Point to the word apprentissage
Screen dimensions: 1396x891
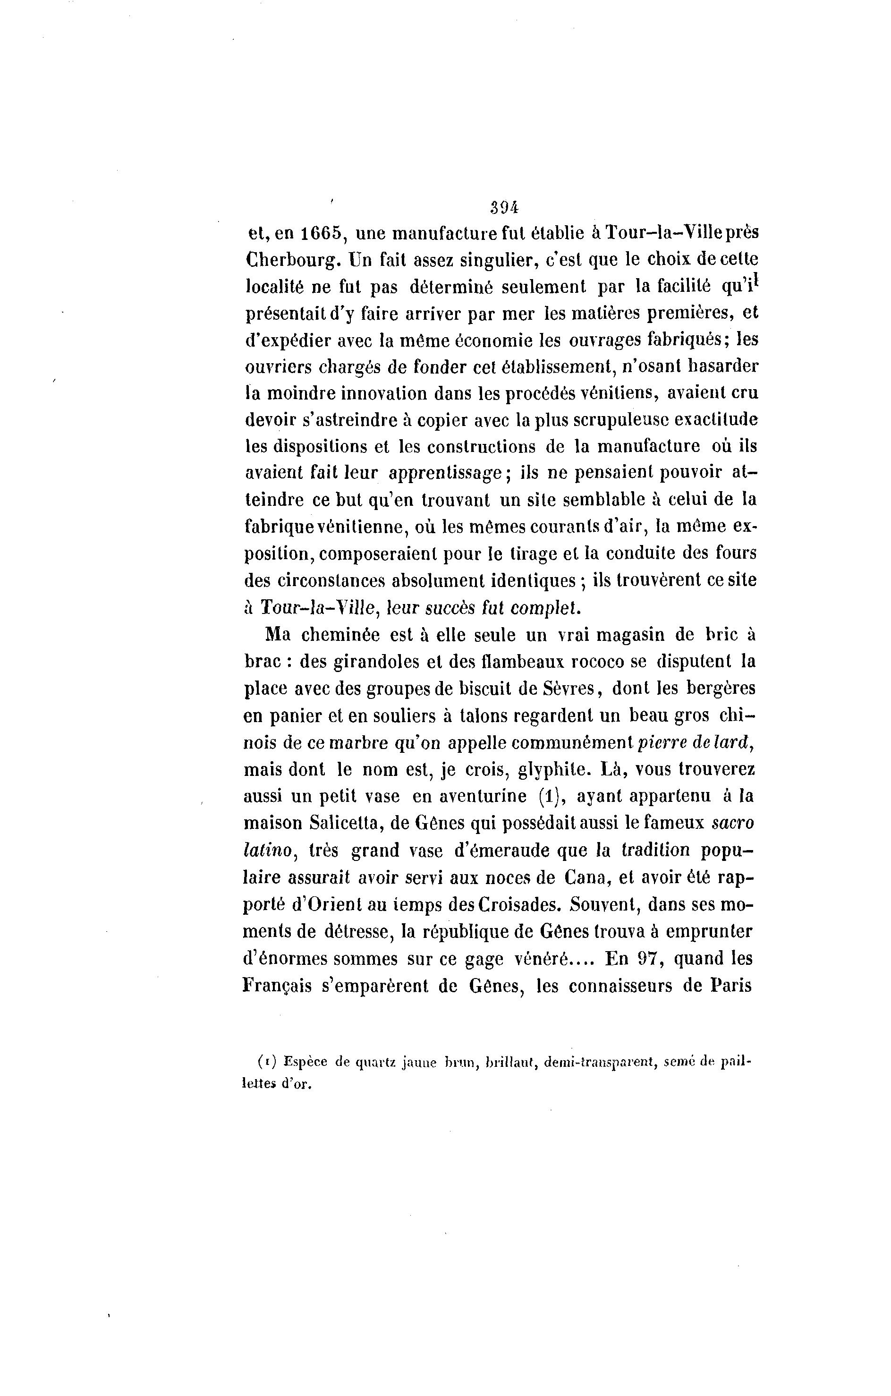pos(445,473)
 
